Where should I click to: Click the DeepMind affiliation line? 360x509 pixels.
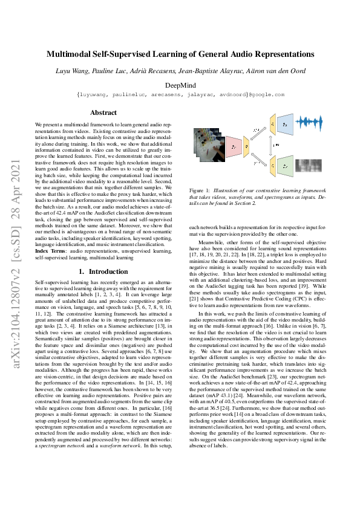point(180,85)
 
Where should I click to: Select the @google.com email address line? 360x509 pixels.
point(180,95)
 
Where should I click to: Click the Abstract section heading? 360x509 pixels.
point(103,112)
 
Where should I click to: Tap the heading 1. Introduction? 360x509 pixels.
point(103,272)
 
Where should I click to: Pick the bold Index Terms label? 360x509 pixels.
point(51,250)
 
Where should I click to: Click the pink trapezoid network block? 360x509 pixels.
point(233,146)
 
